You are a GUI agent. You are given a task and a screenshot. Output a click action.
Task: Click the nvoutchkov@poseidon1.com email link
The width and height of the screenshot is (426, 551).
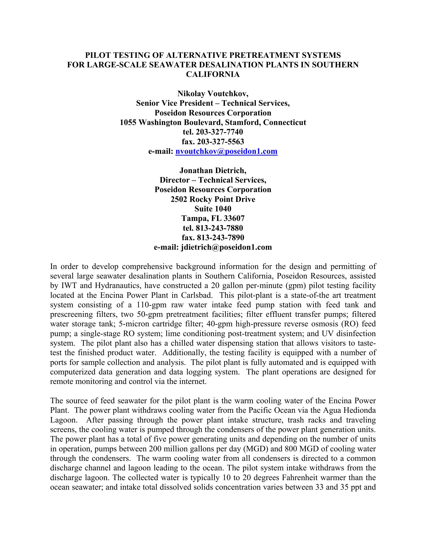coord(226,151)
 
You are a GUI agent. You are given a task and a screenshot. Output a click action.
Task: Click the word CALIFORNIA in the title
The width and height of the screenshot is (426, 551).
coord(213,74)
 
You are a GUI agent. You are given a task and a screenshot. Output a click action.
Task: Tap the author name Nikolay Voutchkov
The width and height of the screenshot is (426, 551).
coord(212,94)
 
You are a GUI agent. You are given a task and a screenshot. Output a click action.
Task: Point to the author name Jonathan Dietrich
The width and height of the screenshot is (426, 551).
coord(212,171)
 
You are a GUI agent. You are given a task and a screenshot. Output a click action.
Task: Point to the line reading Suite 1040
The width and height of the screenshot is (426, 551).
coord(213,209)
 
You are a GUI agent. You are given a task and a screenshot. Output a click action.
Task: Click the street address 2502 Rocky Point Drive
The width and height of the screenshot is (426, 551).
coord(213,199)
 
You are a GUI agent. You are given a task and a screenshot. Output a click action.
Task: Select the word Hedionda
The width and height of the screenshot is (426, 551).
coord(360,410)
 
